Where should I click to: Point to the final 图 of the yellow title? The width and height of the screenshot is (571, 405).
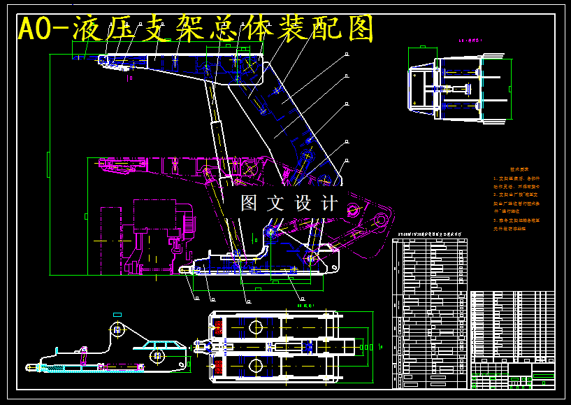359,29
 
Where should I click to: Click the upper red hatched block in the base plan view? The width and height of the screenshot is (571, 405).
218,326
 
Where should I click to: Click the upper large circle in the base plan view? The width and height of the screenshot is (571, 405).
254,327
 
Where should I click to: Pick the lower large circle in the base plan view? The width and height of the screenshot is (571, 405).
254,365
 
